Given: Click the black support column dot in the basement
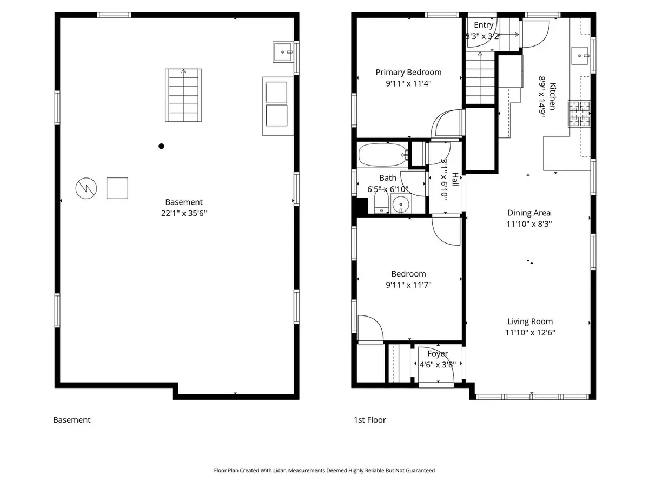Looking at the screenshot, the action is click(161, 146).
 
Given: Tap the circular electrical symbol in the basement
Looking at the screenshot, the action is click(86, 188).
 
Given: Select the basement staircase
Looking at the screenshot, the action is click(183, 95).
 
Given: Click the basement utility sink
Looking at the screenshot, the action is click(283, 52).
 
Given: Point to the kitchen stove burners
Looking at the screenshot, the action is click(579, 114).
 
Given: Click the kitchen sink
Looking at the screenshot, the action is click(580, 56).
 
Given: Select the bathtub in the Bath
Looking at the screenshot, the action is click(383, 155).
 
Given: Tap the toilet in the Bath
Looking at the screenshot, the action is click(381, 202).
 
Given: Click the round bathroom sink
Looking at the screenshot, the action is click(401, 204).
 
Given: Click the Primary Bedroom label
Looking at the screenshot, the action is click(408, 72).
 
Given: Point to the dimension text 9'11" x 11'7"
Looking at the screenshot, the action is click(408, 285).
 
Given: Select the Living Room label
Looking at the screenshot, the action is click(530, 321).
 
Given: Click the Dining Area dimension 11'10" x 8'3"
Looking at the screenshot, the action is click(529, 224).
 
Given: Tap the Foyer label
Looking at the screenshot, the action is click(438, 354).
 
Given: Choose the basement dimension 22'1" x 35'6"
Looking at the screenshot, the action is click(183, 213).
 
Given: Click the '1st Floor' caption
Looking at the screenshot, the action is click(369, 420).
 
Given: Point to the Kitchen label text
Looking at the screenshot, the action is click(552, 96).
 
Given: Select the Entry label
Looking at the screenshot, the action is click(484, 25).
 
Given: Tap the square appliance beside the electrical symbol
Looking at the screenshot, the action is click(117, 188).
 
